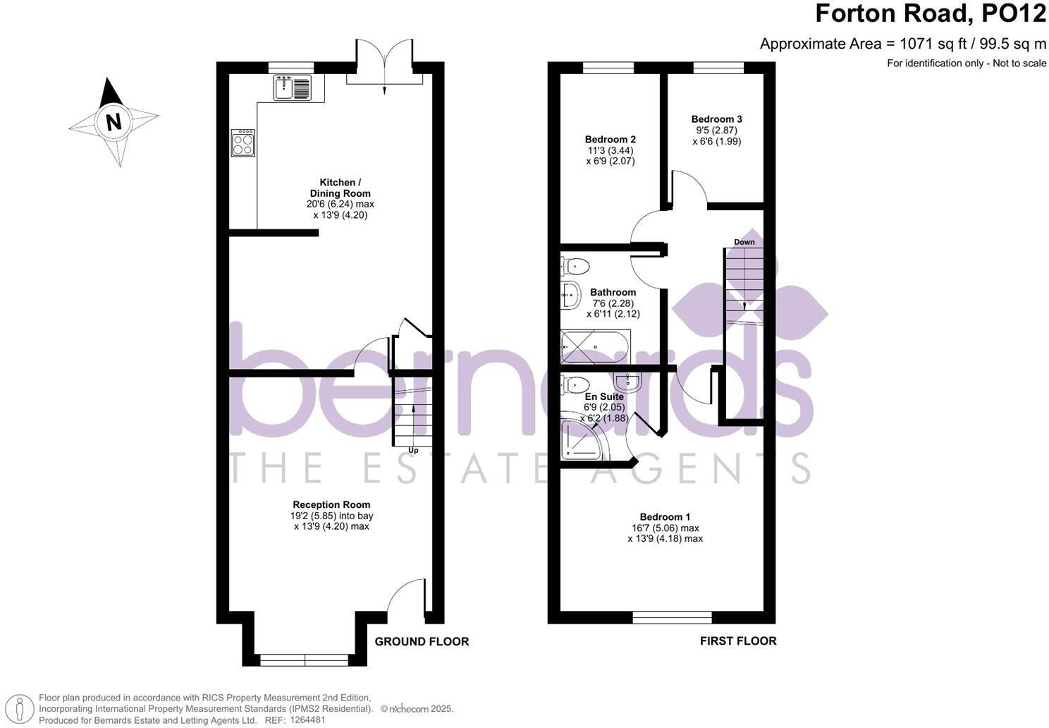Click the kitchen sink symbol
(x=291, y=88)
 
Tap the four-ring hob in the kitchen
(x=243, y=142)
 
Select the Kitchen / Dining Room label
(x=340, y=188)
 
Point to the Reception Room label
(x=331, y=504)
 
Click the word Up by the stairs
(x=413, y=450)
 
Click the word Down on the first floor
(x=744, y=242)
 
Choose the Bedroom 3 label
(x=716, y=119)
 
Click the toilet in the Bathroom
(x=575, y=267)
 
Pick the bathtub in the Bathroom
(x=595, y=347)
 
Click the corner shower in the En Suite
(x=582, y=439)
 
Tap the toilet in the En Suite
(x=575, y=384)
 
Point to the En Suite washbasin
(x=627, y=382)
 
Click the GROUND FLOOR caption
(x=422, y=641)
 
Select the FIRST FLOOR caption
(x=737, y=641)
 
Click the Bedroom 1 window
(x=672, y=618)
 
